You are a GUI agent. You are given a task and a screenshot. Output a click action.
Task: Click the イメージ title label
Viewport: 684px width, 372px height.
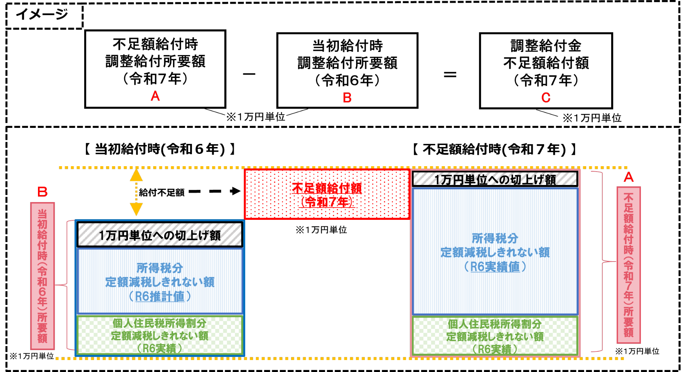tap(42, 14)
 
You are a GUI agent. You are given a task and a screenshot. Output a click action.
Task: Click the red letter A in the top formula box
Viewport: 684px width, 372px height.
tap(155, 96)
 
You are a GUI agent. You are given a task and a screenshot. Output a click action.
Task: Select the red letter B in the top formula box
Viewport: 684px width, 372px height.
tap(347, 98)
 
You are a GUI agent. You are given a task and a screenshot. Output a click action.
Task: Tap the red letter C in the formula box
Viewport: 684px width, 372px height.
tap(546, 98)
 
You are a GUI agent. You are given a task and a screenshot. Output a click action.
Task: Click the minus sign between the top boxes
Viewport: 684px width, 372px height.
tap(249, 74)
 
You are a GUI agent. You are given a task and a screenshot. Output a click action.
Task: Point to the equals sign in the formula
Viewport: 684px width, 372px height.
tap(450, 75)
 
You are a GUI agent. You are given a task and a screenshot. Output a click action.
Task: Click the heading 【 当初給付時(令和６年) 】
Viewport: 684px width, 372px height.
tap(160, 149)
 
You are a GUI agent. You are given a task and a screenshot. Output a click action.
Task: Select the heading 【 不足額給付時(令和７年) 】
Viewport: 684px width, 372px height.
tap(495, 149)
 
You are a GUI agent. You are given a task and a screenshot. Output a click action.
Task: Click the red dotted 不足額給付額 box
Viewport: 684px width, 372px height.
tap(327, 194)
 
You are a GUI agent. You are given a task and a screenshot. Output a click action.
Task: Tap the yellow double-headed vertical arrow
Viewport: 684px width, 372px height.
tap(136, 192)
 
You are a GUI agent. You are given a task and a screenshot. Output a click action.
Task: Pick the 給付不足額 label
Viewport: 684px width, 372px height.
tap(161, 192)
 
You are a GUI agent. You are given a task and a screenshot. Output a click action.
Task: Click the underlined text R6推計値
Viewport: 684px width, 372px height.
tap(160, 296)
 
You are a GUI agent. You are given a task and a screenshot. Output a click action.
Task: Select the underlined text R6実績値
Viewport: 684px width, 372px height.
tap(495, 267)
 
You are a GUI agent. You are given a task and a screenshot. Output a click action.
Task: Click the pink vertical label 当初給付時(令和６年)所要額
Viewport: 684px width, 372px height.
tap(42, 276)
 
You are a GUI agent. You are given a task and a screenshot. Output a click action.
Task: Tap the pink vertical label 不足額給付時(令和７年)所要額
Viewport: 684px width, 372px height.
tap(629, 265)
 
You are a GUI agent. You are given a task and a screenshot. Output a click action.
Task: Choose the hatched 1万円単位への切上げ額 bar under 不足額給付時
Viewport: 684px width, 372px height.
tap(495, 179)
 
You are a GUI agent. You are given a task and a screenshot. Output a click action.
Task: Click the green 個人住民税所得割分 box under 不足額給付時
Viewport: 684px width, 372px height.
tap(495, 336)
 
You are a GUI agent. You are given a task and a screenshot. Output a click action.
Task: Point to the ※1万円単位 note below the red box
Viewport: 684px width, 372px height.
tap(321, 230)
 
